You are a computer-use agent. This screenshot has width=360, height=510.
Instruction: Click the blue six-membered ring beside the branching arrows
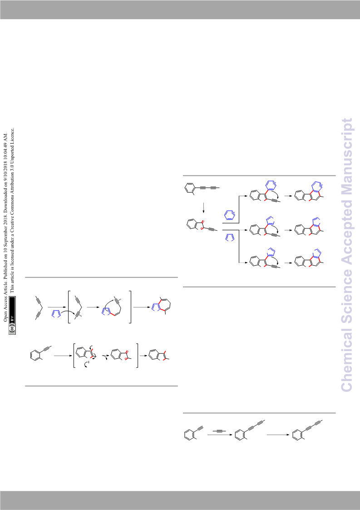(x=229, y=215)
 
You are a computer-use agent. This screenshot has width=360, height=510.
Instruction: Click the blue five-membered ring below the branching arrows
(x=229, y=238)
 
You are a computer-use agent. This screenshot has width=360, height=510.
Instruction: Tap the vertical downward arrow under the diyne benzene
(x=203, y=208)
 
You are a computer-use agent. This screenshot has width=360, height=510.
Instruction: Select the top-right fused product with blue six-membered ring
(x=309, y=192)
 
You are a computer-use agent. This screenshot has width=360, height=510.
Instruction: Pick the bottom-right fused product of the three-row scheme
(x=309, y=258)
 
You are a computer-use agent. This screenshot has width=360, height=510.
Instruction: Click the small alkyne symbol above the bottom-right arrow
(x=219, y=431)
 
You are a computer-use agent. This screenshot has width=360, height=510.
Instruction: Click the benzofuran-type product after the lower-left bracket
(x=159, y=356)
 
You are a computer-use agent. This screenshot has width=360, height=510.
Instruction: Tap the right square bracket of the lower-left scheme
(x=137, y=356)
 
